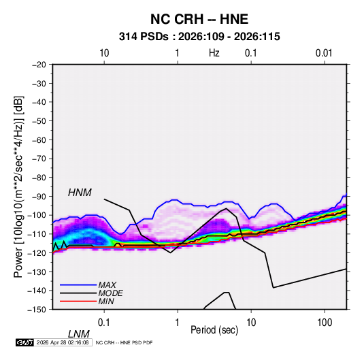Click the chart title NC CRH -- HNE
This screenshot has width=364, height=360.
[x=199, y=19]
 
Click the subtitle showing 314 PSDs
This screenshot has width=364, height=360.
[x=199, y=37]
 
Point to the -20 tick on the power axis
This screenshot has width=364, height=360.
[x=39, y=65]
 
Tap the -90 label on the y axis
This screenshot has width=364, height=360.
[x=39, y=196]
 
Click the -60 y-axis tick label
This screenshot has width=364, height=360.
[x=39, y=140]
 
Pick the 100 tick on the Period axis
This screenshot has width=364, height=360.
[x=325, y=323]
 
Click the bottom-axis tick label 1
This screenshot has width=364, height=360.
[x=178, y=323]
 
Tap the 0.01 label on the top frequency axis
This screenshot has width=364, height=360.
[x=324, y=53]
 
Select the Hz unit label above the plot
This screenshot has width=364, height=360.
[x=214, y=53]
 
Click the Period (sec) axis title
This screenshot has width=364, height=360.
[x=214, y=330]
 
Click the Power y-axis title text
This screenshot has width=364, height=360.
[x=18, y=187]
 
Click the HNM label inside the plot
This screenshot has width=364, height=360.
[x=80, y=193]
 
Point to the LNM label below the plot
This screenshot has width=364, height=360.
[x=79, y=334]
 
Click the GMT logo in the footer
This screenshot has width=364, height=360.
[x=24, y=342]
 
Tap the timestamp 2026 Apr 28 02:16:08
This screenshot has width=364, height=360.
[x=63, y=342]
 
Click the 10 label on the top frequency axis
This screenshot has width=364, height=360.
[x=104, y=53]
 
